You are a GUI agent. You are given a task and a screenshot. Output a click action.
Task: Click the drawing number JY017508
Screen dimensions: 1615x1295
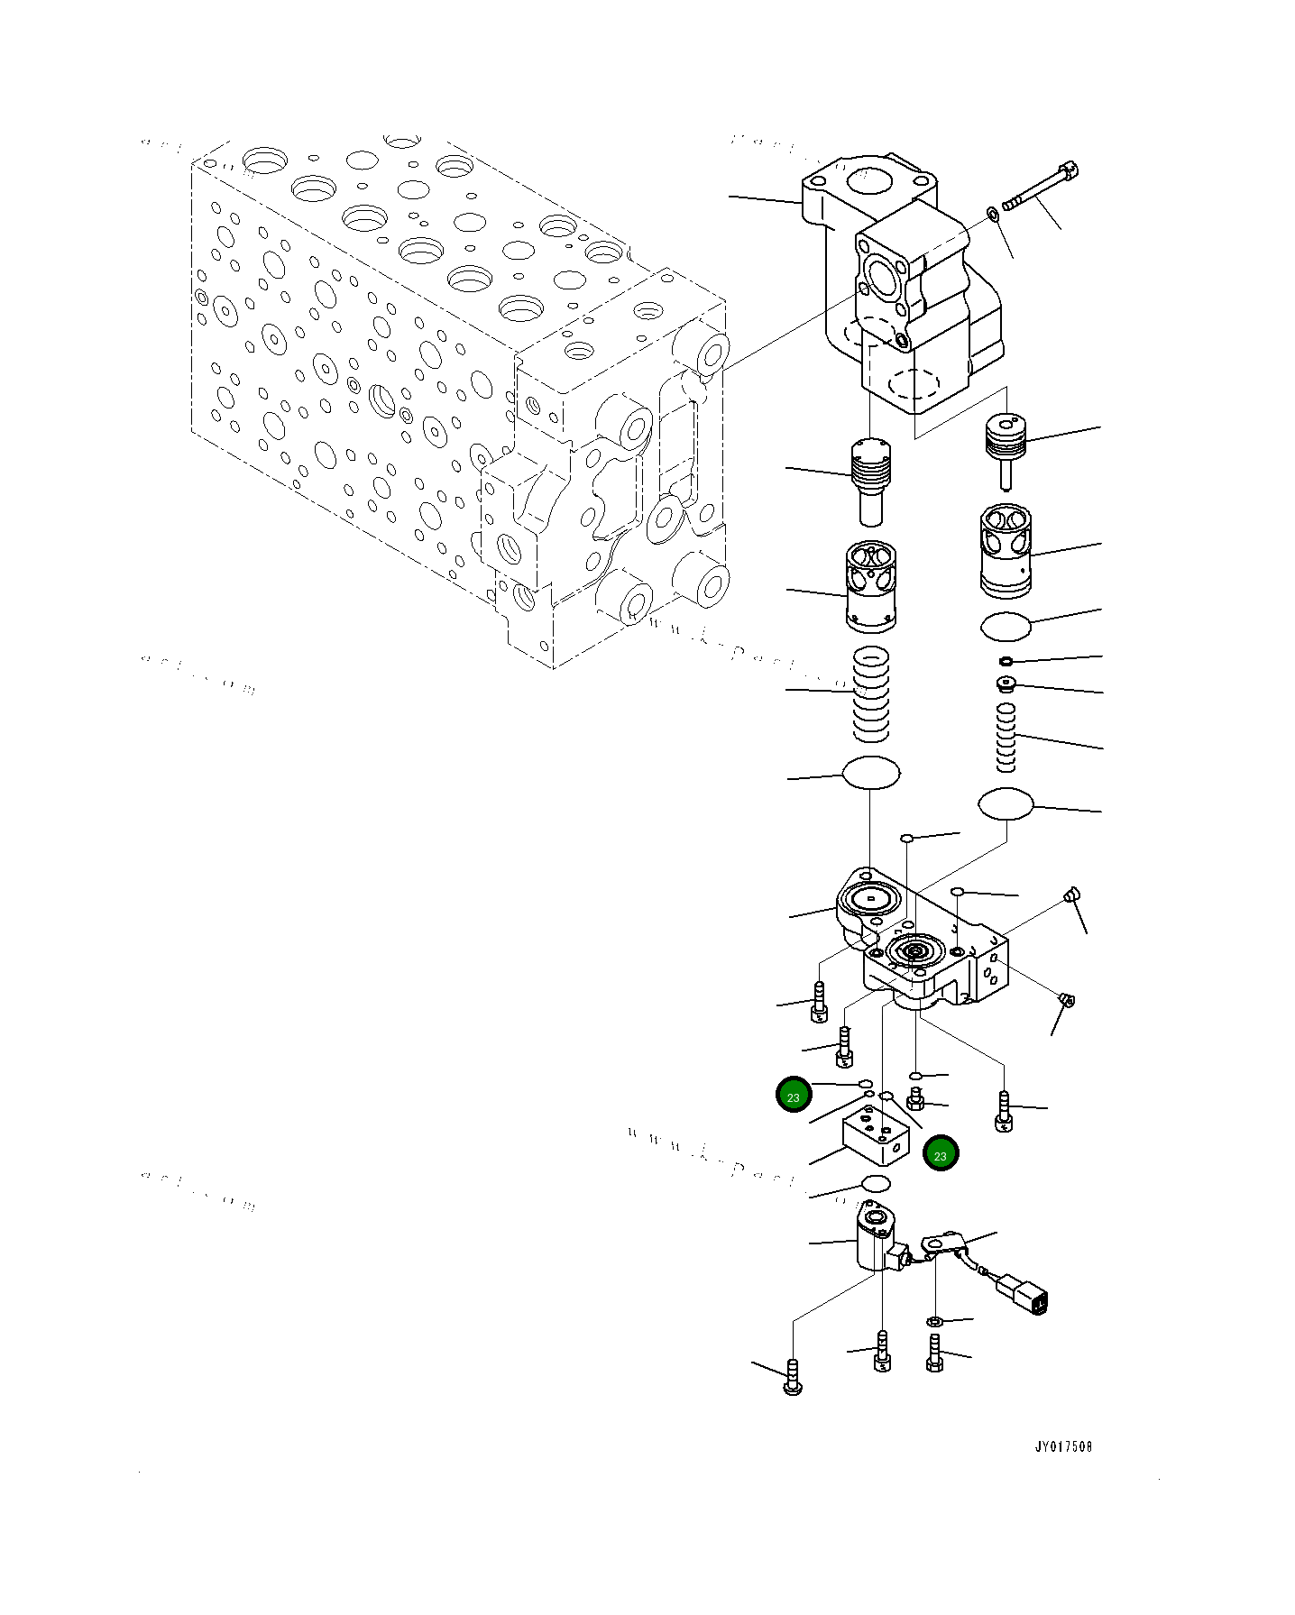tap(1063, 1446)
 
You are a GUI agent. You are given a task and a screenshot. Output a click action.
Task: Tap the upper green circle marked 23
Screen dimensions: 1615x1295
tap(794, 1096)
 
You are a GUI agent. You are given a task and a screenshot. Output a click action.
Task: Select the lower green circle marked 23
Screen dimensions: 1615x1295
tap(941, 1154)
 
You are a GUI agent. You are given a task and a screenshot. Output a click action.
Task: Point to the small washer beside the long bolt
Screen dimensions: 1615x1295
tap(993, 214)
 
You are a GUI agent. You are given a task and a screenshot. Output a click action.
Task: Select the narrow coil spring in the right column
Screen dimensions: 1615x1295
tap(1006, 738)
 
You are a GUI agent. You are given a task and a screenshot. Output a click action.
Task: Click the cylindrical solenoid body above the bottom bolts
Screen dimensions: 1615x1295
tap(874, 1242)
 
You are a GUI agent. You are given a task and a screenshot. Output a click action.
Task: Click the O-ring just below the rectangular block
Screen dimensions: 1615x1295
tap(876, 1183)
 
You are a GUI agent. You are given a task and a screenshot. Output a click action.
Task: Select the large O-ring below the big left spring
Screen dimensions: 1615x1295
tap(870, 773)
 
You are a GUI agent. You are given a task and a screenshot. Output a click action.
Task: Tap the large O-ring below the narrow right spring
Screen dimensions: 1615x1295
tap(1006, 803)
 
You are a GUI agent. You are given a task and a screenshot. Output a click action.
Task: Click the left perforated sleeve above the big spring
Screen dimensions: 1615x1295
tap(871, 586)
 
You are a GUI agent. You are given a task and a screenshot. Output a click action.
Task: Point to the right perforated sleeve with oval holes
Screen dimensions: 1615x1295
tap(1006, 550)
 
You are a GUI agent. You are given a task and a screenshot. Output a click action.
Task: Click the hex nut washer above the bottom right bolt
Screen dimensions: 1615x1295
tap(934, 1321)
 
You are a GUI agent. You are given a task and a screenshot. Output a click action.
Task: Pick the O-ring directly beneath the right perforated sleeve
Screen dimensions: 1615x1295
tap(1005, 626)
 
